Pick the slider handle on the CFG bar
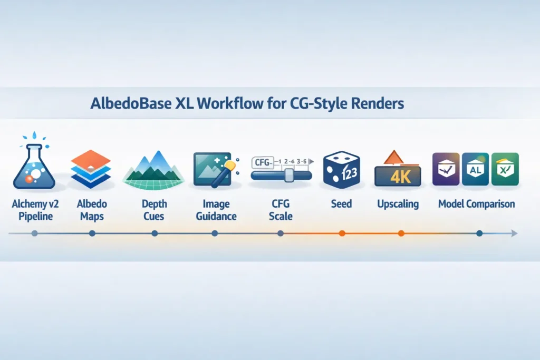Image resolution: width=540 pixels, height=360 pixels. [288, 175]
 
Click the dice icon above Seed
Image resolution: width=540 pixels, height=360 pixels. [342, 170]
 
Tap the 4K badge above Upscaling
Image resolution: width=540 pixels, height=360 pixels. [398, 176]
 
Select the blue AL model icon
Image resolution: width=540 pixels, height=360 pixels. [475, 169]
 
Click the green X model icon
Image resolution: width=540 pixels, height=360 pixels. [505, 169]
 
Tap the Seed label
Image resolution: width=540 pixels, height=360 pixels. [342, 203]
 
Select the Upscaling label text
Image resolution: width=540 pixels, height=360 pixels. [398, 203]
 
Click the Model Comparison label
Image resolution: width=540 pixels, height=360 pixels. [476, 203]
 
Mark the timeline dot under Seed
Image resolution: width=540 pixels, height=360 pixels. [342, 233]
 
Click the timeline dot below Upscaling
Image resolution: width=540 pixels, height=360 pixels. [401, 233]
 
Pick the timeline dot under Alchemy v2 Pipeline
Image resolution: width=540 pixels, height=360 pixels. [34, 233]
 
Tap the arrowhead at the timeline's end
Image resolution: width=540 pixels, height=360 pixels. [514, 233]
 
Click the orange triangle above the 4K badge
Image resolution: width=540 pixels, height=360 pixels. [391, 157]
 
